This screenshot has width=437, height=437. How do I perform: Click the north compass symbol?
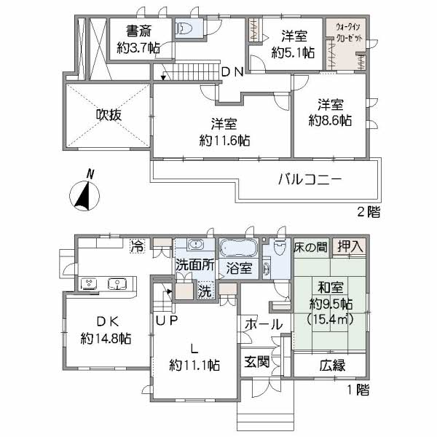click(x=84, y=192)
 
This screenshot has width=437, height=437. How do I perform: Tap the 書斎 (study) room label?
click(x=138, y=31)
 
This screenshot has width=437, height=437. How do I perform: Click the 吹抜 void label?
click(x=109, y=115)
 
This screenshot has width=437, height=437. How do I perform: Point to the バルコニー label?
click(x=310, y=179)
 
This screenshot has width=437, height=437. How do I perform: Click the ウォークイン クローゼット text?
click(x=348, y=32)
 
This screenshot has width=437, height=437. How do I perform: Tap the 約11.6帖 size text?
click(x=224, y=141)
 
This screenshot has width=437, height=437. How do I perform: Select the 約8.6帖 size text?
click(x=330, y=120)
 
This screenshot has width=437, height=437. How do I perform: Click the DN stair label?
click(x=233, y=72)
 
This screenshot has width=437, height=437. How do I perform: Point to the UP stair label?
click(x=167, y=320)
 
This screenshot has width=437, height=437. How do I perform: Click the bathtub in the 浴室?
click(x=238, y=248)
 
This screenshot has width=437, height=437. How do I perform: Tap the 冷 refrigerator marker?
click(x=137, y=246)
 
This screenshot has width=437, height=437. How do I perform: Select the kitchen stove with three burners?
click(x=89, y=283)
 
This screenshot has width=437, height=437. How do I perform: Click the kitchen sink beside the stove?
click(x=117, y=284)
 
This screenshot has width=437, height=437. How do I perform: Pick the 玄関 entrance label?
click(x=256, y=362)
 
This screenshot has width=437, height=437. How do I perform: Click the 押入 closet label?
click(x=350, y=246)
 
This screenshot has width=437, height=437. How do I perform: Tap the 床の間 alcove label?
click(x=311, y=247)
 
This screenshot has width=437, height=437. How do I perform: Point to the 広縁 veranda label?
click(x=332, y=366)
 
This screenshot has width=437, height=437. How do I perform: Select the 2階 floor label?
click(x=369, y=213)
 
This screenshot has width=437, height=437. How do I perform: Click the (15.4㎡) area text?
click(x=330, y=318)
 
